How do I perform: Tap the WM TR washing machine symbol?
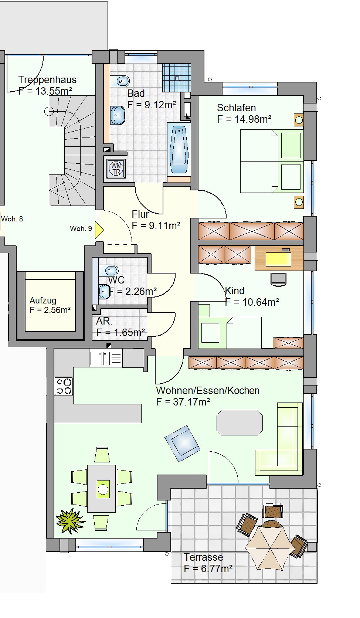click(x=116, y=169)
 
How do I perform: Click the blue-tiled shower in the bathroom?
click(x=177, y=78)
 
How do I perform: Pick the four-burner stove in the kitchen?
click(x=64, y=386)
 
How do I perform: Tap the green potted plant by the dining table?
click(x=70, y=521)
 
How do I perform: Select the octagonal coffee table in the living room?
click(x=240, y=422)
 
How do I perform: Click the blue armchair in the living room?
click(x=182, y=444)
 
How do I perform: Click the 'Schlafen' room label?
click(x=237, y=108)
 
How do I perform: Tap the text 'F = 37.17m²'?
click(x=183, y=402)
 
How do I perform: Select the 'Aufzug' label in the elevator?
click(x=43, y=300)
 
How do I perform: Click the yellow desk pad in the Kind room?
click(x=278, y=259)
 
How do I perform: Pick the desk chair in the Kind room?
click(x=278, y=279)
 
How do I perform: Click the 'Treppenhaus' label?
click(x=47, y=80)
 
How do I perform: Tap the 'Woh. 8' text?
click(x=12, y=219)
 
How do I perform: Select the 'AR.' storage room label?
click(x=104, y=322)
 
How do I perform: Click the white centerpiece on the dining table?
click(x=103, y=489)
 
